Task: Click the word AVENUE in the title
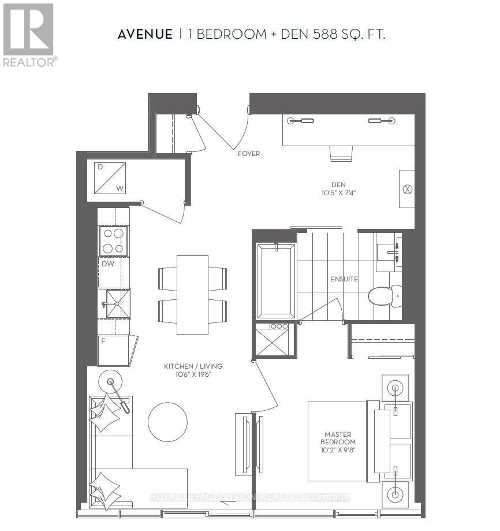(145, 35)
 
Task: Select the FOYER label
(249, 154)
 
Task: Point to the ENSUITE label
(344, 279)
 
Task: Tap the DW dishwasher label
(107, 263)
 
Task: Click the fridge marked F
(114, 350)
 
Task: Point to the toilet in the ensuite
(383, 296)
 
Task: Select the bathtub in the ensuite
(276, 281)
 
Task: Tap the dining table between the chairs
(192, 295)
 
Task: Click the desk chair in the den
(341, 153)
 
